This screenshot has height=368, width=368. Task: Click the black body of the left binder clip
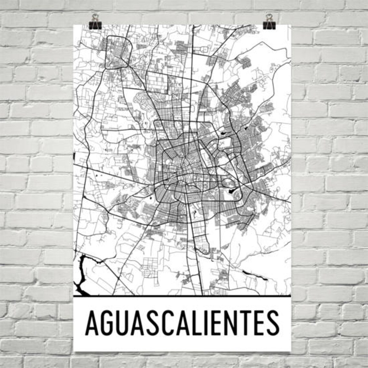(x=95, y=25)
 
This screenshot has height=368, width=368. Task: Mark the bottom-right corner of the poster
(x=291, y=351)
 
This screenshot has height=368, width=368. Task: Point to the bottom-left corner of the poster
(x=74, y=351)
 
